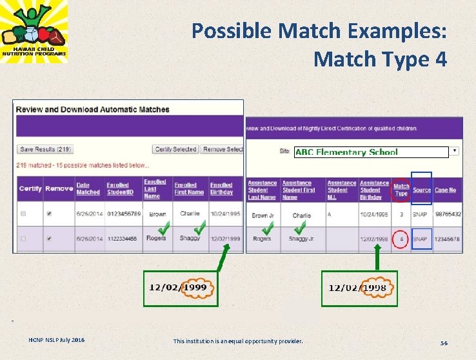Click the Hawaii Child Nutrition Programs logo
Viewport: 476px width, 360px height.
(34, 32)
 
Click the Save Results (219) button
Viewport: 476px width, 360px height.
(45, 149)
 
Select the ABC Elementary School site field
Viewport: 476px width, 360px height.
(371, 152)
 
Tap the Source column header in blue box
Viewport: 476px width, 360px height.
(422, 190)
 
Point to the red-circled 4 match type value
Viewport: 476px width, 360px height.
(401, 239)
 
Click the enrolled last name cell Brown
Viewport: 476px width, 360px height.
(157, 214)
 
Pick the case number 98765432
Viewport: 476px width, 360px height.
(448, 214)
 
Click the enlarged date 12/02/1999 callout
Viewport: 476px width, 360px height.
(180, 286)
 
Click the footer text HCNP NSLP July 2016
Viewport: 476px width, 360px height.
(56, 340)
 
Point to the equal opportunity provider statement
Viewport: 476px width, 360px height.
(238, 341)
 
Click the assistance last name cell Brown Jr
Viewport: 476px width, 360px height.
(263, 215)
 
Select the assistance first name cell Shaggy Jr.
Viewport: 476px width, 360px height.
(302, 239)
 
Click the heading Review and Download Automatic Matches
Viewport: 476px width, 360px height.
(93, 110)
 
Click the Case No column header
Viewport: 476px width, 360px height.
(445, 190)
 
